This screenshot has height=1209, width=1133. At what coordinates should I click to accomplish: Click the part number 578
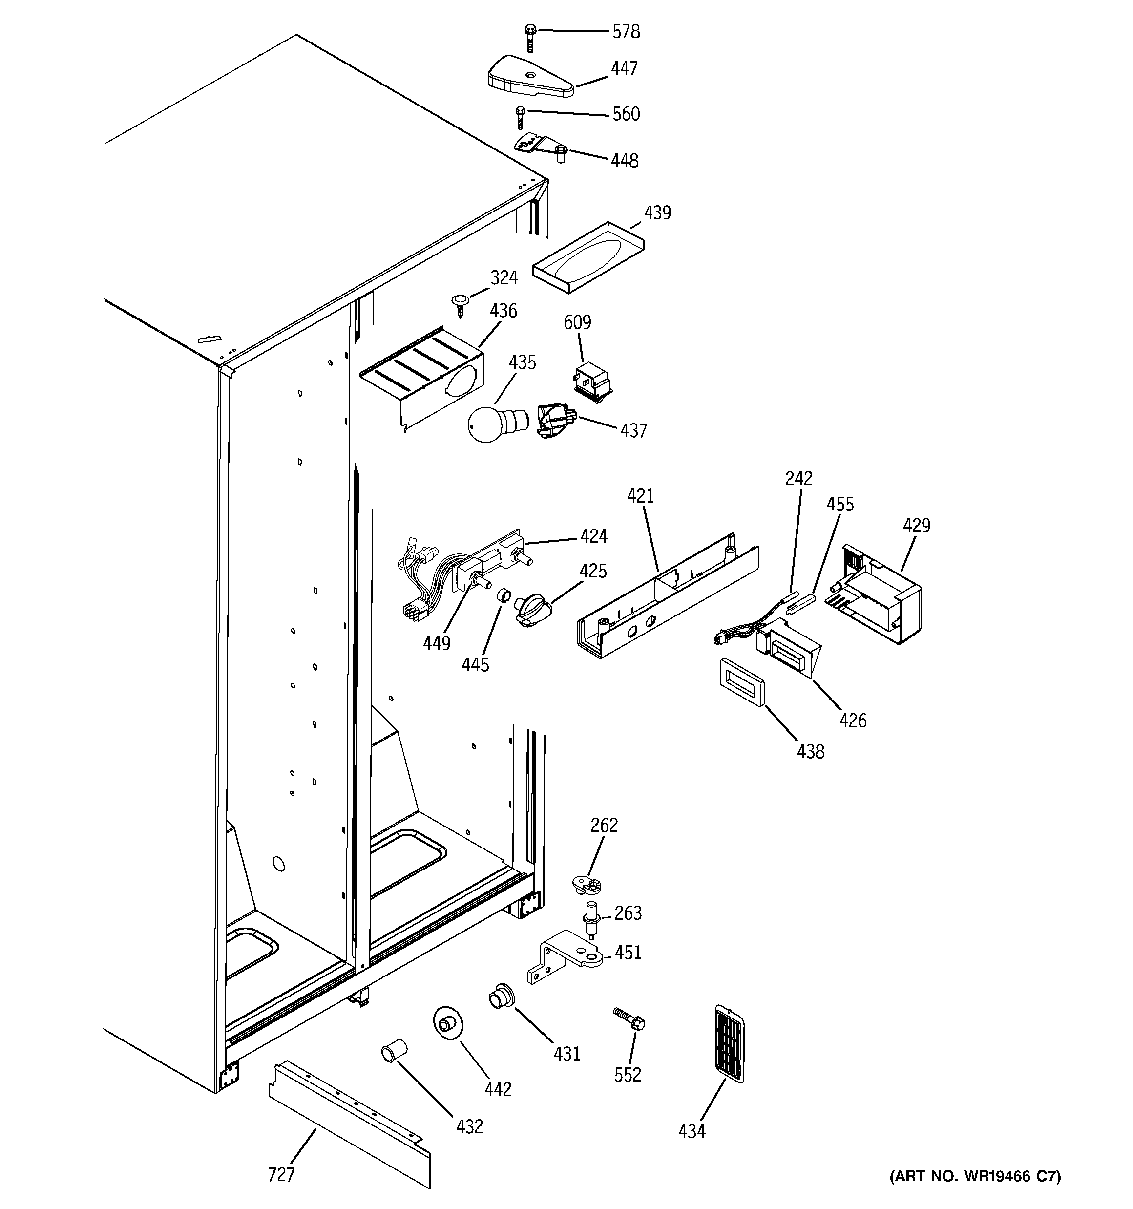point(625,32)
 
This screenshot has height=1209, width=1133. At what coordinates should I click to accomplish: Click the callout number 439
point(657,213)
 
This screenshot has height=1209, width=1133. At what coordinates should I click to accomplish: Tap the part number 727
point(281,1174)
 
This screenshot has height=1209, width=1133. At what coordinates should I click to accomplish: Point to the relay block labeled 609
point(592,380)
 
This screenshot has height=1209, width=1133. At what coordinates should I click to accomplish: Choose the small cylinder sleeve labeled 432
point(394,1052)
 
